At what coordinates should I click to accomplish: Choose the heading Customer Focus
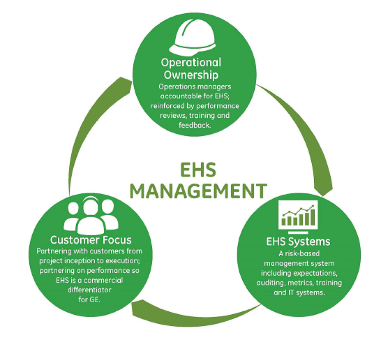(91, 239)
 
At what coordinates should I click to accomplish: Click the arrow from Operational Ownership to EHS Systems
(302, 129)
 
